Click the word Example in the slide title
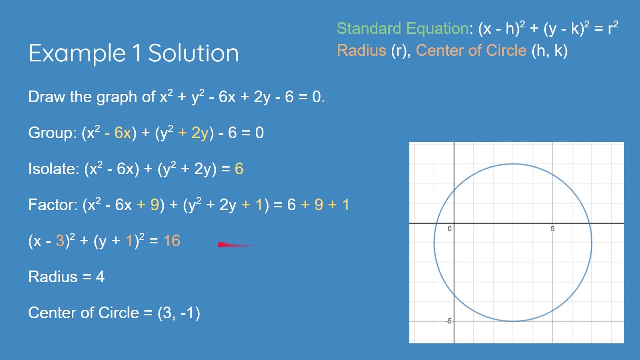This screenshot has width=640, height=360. [77, 53]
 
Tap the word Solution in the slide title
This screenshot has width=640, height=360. [193, 53]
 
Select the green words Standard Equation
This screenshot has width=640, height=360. [403, 29]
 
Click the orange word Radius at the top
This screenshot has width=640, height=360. [361, 51]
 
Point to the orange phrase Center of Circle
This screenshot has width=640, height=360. [471, 51]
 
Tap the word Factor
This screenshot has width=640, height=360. [51, 205]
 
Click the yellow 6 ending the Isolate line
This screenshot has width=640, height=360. [239, 169]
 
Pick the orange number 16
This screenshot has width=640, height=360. [172, 241]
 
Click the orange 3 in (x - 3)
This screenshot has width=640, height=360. [60, 241]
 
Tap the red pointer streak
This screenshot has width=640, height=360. [240, 245]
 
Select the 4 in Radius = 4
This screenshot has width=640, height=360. [100, 277]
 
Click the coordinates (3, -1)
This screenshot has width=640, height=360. [179, 313]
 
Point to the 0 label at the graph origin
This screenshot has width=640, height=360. [449, 229]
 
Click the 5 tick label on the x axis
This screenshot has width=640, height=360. [552, 229]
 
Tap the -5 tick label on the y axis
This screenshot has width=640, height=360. [448, 321]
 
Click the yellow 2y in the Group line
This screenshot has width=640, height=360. [200, 133]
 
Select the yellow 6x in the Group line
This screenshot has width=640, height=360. [123, 133]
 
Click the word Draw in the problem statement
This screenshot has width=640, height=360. [47, 97]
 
